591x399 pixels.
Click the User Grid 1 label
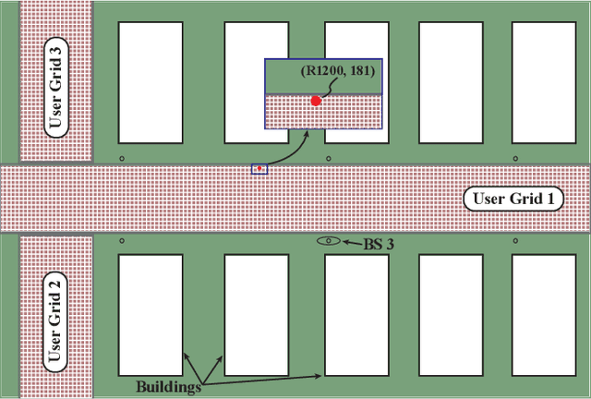(x=517, y=198)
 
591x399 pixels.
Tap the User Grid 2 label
(x=56, y=317)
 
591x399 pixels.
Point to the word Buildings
(x=169, y=386)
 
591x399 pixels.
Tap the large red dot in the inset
(x=316, y=101)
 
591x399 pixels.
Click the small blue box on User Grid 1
(x=259, y=169)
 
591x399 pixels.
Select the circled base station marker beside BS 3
(x=328, y=241)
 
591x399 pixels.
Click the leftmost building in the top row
(x=150, y=81)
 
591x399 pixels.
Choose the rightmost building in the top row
(x=543, y=81)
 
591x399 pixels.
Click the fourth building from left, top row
(x=452, y=81)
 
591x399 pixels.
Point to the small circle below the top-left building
(x=123, y=159)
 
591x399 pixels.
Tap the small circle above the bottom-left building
(x=123, y=241)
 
